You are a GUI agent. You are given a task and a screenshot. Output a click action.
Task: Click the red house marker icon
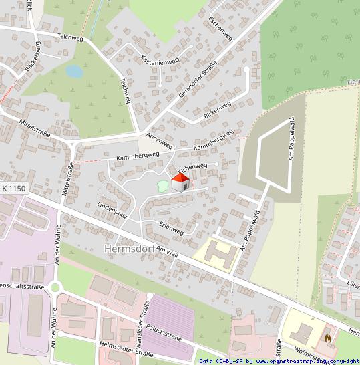click(x=180, y=182)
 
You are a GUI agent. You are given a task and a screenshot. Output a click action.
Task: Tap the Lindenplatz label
click(x=112, y=209)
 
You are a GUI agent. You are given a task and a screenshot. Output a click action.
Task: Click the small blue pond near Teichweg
click(x=74, y=70)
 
